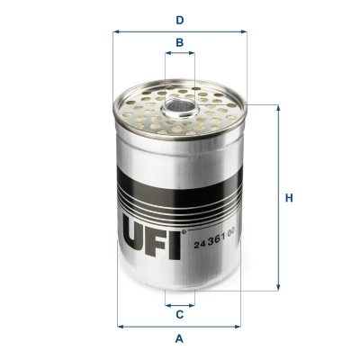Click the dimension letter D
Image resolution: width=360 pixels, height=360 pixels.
[180, 19]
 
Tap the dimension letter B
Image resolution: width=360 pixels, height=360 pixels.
[180, 42]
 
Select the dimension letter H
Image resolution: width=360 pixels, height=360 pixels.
[290, 198]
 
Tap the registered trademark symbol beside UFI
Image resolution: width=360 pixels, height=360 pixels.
[185, 233]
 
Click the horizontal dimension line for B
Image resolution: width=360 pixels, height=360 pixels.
[180, 54]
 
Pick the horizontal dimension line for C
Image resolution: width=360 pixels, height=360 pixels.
[180, 304]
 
